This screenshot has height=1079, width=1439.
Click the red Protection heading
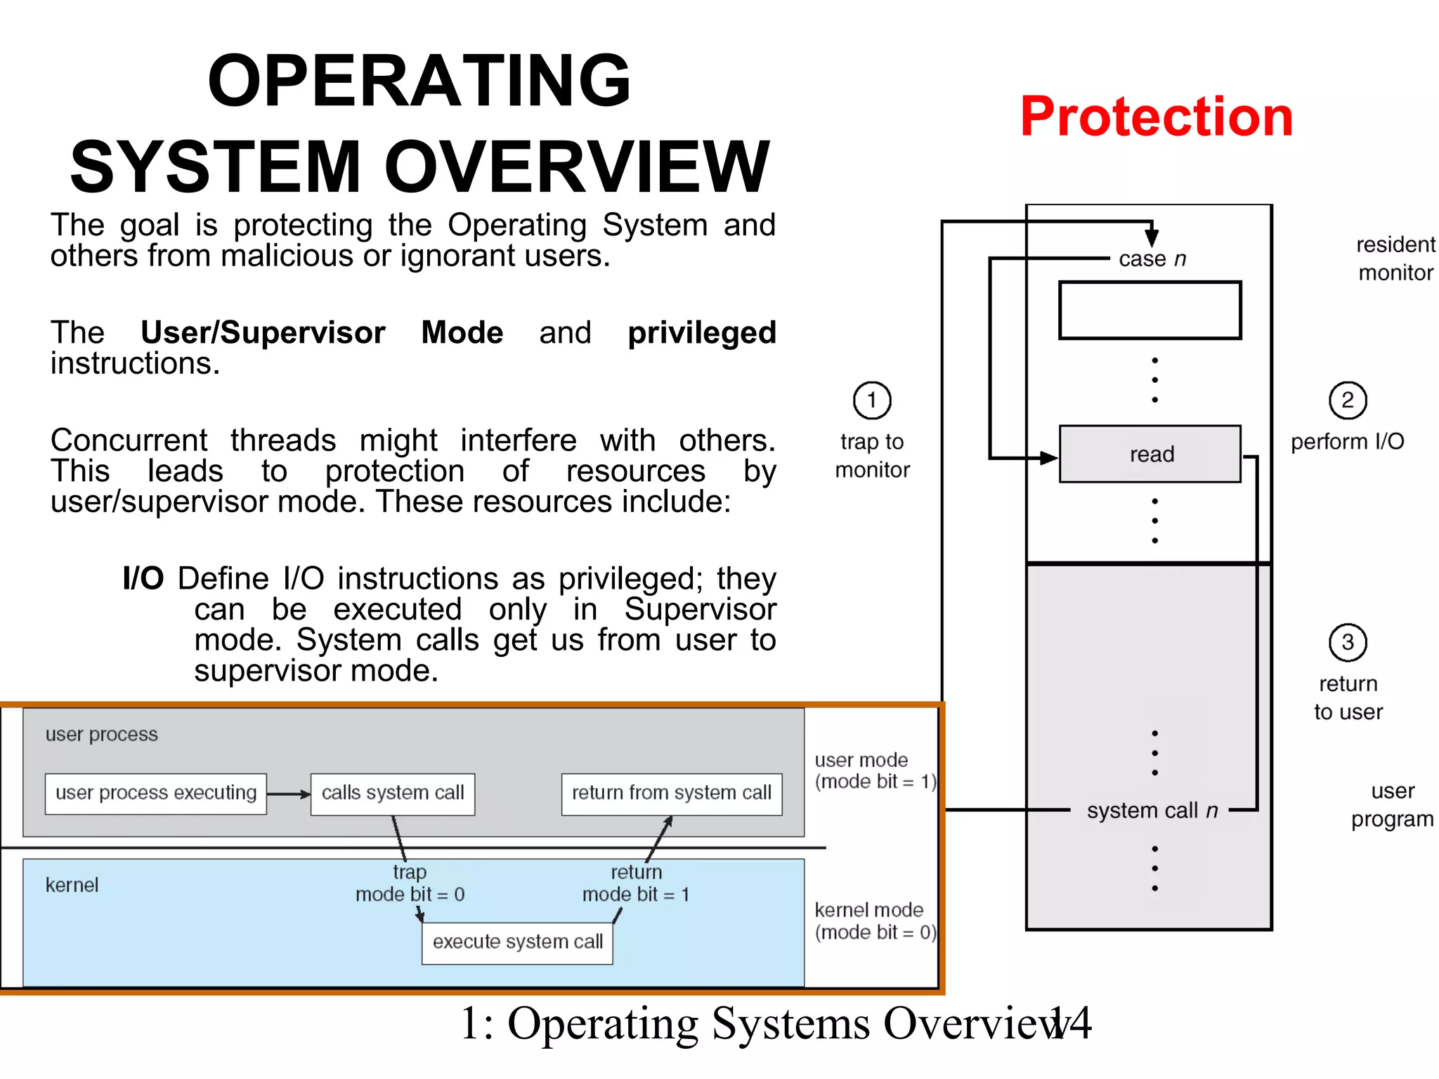coord(1156,117)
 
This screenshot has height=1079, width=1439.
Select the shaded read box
coord(1150,454)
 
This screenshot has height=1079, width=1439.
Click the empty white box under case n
coord(1150,310)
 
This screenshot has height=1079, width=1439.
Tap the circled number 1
coord(872,400)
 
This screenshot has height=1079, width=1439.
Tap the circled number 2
coord(1347,400)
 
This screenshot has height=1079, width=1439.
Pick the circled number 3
coord(1347,642)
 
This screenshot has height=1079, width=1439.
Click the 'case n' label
coord(1152,259)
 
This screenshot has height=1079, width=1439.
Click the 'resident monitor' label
coord(1395,259)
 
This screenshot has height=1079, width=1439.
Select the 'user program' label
coord(1392,805)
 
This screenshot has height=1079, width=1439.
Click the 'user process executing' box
coord(156,794)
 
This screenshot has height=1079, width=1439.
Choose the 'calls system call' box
coord(393,794)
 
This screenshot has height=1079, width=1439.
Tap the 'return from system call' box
coord(672,794)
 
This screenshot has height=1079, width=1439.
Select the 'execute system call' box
coord(518,943)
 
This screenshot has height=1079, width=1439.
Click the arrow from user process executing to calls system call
coord(288,794)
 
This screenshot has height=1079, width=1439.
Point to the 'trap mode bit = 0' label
coord(410,884)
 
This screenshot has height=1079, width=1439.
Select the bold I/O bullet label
coord(143,579)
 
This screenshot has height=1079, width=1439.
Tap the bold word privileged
coord(701,333)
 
